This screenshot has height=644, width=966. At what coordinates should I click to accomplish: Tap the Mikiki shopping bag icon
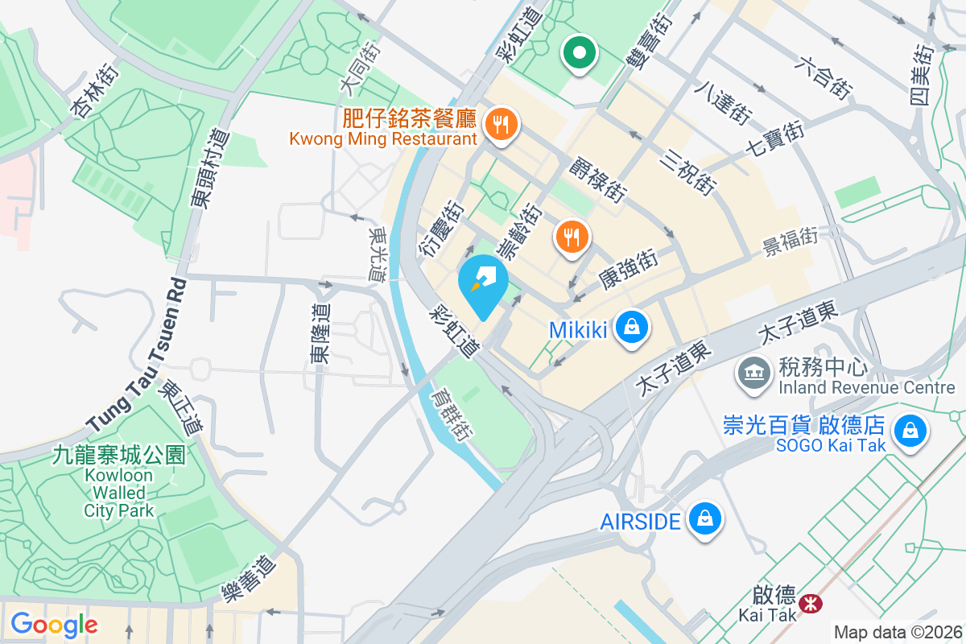(633, 328)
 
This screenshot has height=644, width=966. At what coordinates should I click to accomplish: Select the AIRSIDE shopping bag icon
(705, 519)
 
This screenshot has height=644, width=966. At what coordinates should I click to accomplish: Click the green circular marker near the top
(579, 53)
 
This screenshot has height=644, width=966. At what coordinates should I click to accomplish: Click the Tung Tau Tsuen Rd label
(137, 354)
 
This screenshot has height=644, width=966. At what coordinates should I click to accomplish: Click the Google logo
(54, 624)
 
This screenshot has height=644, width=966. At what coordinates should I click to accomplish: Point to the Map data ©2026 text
(897, 632)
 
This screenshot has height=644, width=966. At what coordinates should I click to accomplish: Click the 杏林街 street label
(96, 92)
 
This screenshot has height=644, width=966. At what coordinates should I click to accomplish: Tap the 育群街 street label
(449, 415)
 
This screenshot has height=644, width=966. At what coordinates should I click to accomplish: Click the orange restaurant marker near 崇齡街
(572, 237)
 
